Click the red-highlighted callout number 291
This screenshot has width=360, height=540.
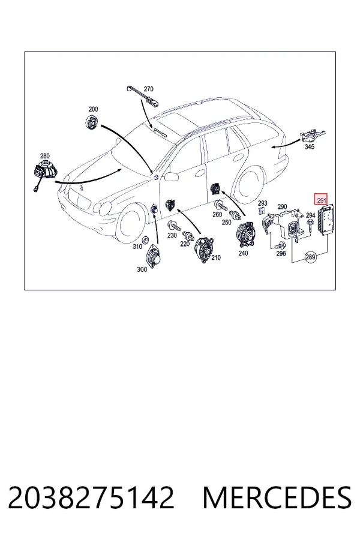321,200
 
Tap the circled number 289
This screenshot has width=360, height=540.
310,257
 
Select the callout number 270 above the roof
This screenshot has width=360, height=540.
148,89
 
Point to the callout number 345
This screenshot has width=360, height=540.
310,147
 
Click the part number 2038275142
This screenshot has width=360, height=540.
91,497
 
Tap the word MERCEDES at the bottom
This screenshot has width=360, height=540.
277,497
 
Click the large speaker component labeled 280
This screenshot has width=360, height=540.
46,170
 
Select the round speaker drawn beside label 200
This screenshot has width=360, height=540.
92,122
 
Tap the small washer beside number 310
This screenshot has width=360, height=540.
145,240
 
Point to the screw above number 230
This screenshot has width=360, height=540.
175,226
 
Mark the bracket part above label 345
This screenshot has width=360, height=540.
313,135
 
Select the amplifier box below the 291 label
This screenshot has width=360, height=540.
326,220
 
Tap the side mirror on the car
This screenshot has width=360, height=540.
171,177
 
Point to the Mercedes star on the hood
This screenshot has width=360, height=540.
82,189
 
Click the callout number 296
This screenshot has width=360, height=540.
281,253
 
